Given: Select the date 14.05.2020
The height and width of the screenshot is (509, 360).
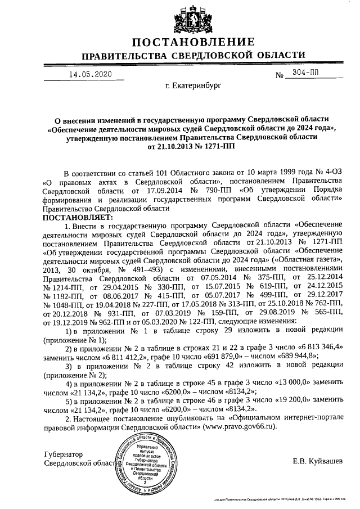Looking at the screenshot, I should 91,74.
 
